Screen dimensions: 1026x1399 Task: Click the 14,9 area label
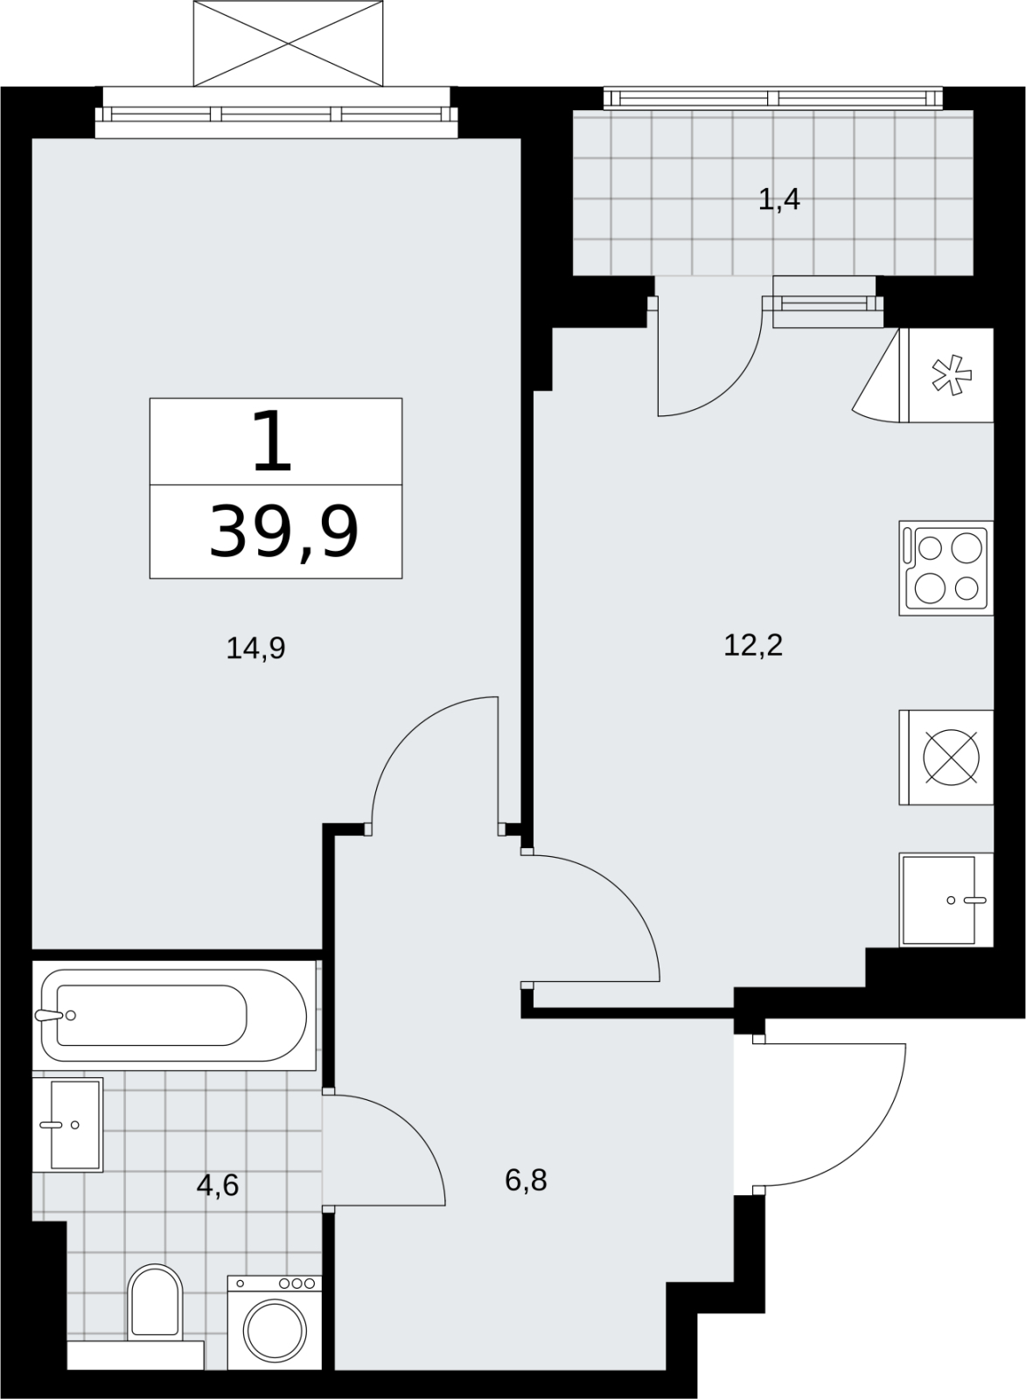(x=255, y=649)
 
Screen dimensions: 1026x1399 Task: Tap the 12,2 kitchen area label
(x=753, y=645)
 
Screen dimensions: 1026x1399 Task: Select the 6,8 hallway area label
(x=526, y=1180)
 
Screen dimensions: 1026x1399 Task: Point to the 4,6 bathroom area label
(x=218, y=1185)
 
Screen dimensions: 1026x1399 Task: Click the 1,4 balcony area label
(x=778, y=200)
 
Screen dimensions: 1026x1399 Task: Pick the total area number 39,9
(x=283, y=532)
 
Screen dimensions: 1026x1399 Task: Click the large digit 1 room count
(x=272, y=441)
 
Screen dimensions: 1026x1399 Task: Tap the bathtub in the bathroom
(x=174, y=1015)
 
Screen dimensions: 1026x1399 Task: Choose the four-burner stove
(x=946, y=568)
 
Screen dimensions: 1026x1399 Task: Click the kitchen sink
(x=946, y=900)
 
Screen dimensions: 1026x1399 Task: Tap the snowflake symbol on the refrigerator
(x=952, y=375)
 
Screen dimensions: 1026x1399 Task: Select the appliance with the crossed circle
(x=946, y=757)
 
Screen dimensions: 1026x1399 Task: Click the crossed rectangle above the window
(x=288, y=43)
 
